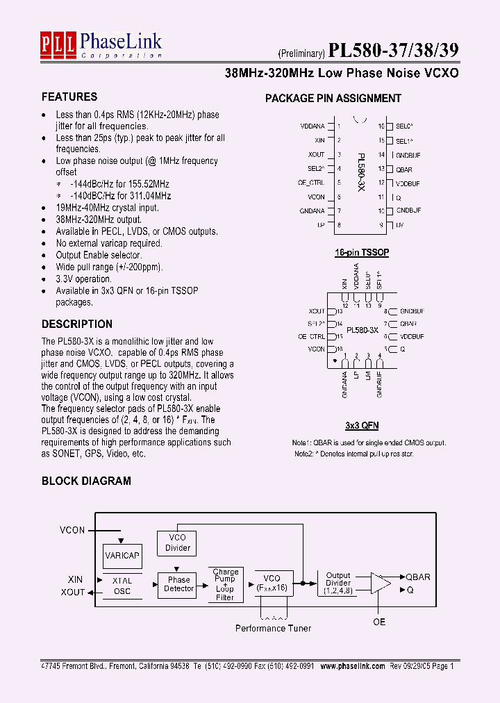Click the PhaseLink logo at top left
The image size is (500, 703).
point(101,46)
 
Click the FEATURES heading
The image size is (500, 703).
point(69,97)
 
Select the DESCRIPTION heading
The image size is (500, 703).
point(76,324)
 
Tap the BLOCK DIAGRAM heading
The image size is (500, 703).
point(86,481)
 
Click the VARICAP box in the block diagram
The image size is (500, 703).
point(122,556)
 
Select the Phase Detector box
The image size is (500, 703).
point(178,584)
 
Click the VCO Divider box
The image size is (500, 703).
point(178,543)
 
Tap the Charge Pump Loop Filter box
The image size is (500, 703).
point(225,585)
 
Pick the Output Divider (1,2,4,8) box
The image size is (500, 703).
point(338,583)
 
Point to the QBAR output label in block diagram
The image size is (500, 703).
point(418,577)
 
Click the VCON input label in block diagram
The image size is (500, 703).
point(72,530)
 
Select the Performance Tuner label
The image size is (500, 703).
point(273,628)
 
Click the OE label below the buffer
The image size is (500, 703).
point(379,622)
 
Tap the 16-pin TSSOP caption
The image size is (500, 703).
point(362,253)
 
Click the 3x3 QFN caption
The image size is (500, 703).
point(362,425)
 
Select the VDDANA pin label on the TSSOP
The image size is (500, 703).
point(312,127)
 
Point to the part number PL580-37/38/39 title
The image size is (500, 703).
point(393,51)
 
